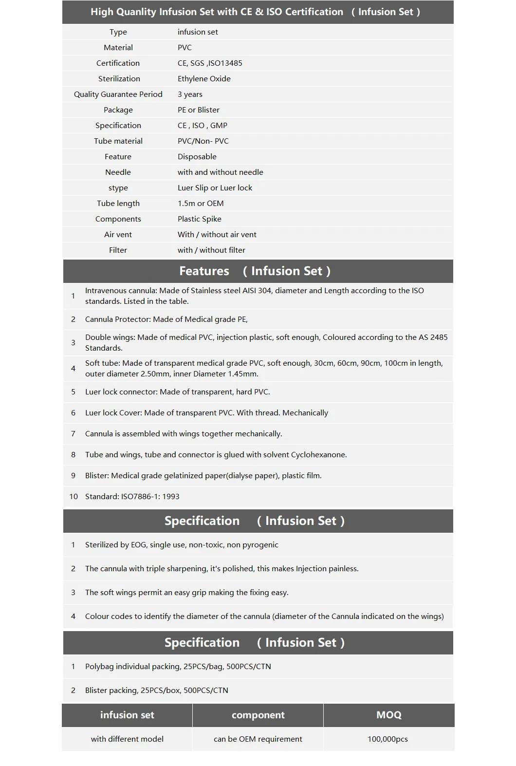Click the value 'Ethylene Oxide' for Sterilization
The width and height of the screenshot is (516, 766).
[x=204, y=79]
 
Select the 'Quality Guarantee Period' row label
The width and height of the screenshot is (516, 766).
[x=118, y=94]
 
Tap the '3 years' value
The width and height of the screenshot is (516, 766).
[x=190, y=94]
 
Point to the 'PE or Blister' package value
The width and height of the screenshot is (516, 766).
[x=199, y=110]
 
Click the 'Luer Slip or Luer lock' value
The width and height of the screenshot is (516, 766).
[x=215, y=188]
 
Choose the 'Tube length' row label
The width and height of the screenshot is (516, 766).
[x=118, y=204]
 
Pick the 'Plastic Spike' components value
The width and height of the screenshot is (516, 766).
[x=200, y=219]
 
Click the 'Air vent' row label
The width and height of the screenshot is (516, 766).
[x=118, y=235]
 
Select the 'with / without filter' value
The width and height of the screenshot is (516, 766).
[x=211, y=250]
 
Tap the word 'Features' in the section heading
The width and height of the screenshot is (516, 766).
[x=204, y=271]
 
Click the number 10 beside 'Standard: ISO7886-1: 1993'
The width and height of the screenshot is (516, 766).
[x=74, y=497]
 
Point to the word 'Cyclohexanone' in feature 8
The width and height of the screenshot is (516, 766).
[x=318, y=455]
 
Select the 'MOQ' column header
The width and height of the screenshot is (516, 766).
[x=389, y=715]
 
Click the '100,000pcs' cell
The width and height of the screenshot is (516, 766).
[x=387, y=739]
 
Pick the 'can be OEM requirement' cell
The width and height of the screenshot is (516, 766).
[x=258, y=739]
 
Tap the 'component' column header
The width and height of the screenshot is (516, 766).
[x=258, y=715]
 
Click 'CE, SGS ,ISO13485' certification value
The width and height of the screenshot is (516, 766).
[x=210, y=63]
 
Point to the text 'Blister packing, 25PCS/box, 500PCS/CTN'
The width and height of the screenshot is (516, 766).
[x=156, y=691]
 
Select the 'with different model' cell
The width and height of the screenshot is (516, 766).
[x=127, y=739]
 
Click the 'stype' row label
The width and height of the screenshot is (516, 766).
[x=118, y=188]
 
